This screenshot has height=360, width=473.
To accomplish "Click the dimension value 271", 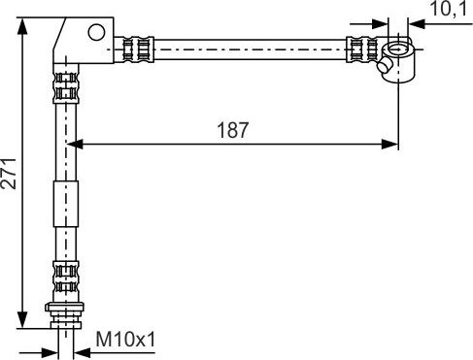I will pos(9,172).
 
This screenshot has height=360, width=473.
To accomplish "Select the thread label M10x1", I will pos(126,341).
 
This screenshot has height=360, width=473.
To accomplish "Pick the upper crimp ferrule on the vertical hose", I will pos(65,84).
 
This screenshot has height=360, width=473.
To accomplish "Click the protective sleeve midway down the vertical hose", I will pos(65,205).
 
